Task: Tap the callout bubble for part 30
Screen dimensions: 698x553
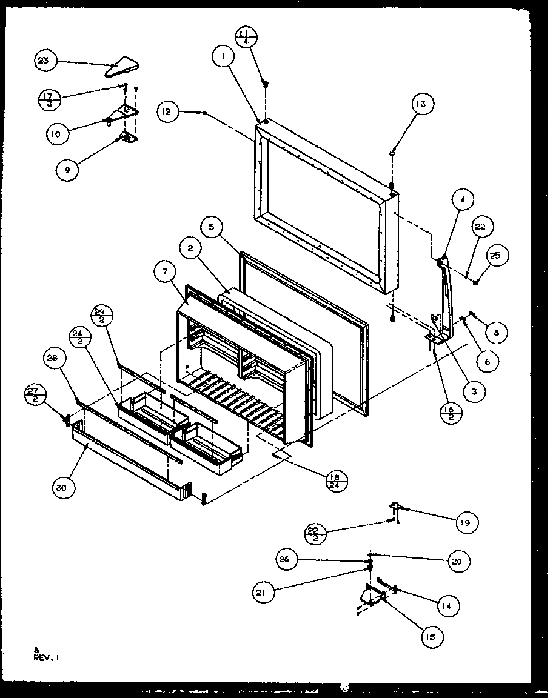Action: pyautogui.click(x=64, y=487)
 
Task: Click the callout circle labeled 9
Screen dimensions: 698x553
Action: pyautogui.click(x=67, y=170)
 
